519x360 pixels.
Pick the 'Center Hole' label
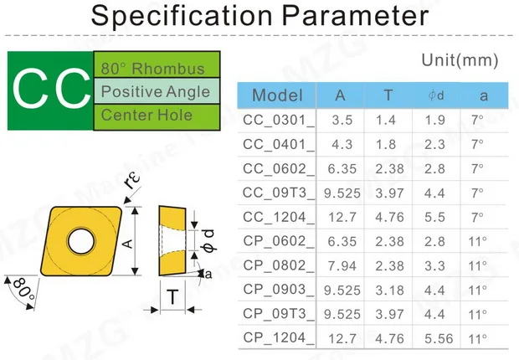(146, 115)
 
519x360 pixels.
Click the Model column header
(277, 95)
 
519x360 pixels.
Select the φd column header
(435, 95)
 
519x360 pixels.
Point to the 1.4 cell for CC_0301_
(385, 120)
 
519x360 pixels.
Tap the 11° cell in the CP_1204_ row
(477, 338)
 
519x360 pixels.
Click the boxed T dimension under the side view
(172, 296)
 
